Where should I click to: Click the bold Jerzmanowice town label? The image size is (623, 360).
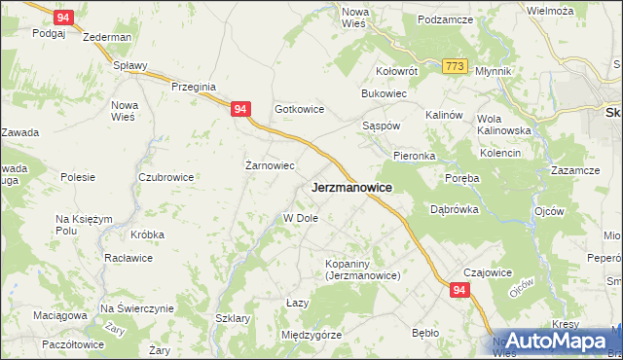351,187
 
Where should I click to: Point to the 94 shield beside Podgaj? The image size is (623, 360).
63,18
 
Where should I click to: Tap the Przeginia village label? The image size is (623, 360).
193,86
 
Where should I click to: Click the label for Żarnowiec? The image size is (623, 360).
269,165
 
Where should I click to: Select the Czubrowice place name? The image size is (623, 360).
165,177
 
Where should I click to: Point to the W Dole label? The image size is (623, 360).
301,218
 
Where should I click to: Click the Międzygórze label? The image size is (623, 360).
311,335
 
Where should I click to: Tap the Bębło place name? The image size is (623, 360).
425,333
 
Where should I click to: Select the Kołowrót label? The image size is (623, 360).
397,71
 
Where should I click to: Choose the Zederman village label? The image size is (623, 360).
107,37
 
